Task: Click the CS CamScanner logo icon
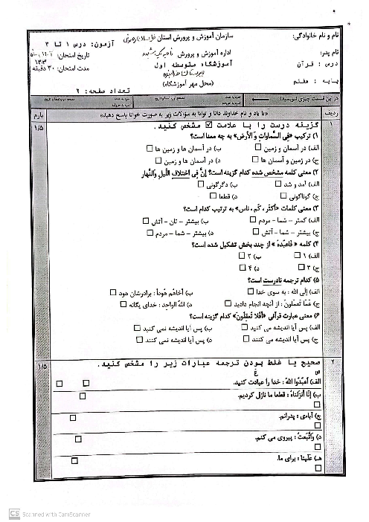pyautogui.click(x=13, y=513)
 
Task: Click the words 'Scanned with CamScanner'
pyautogui.click(x=53, y=513)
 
